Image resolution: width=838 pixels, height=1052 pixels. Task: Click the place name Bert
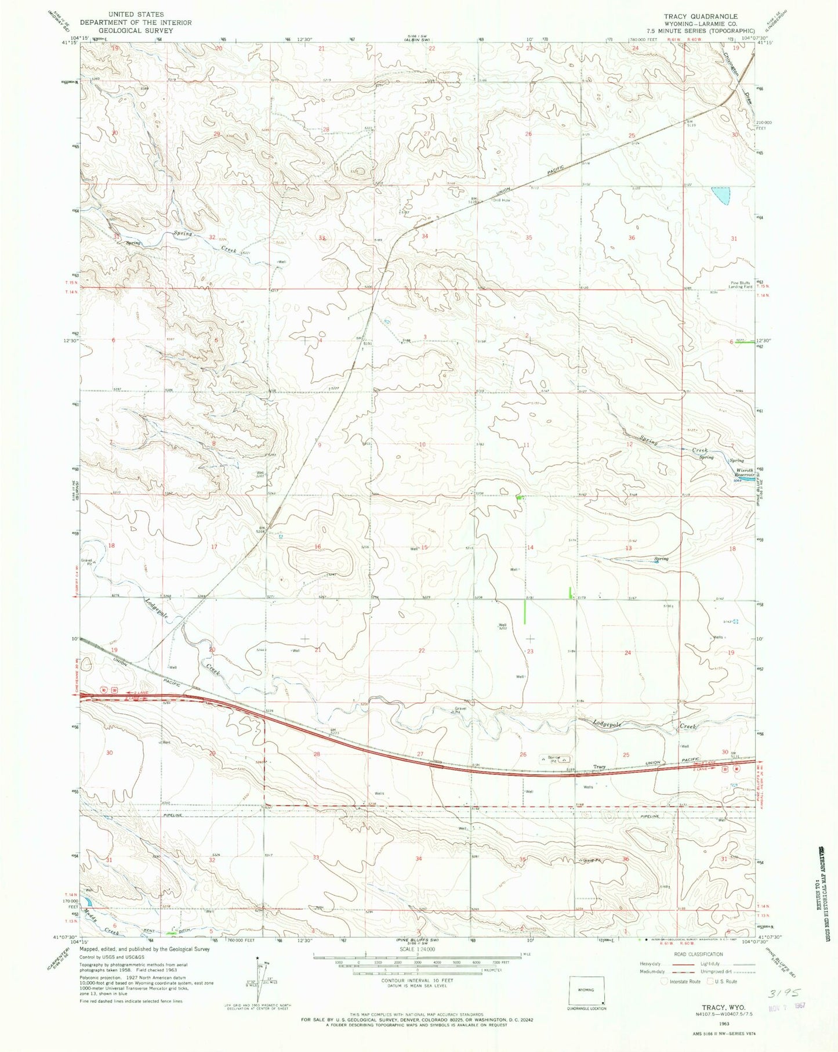pyautogui.click(x=166, y=742)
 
